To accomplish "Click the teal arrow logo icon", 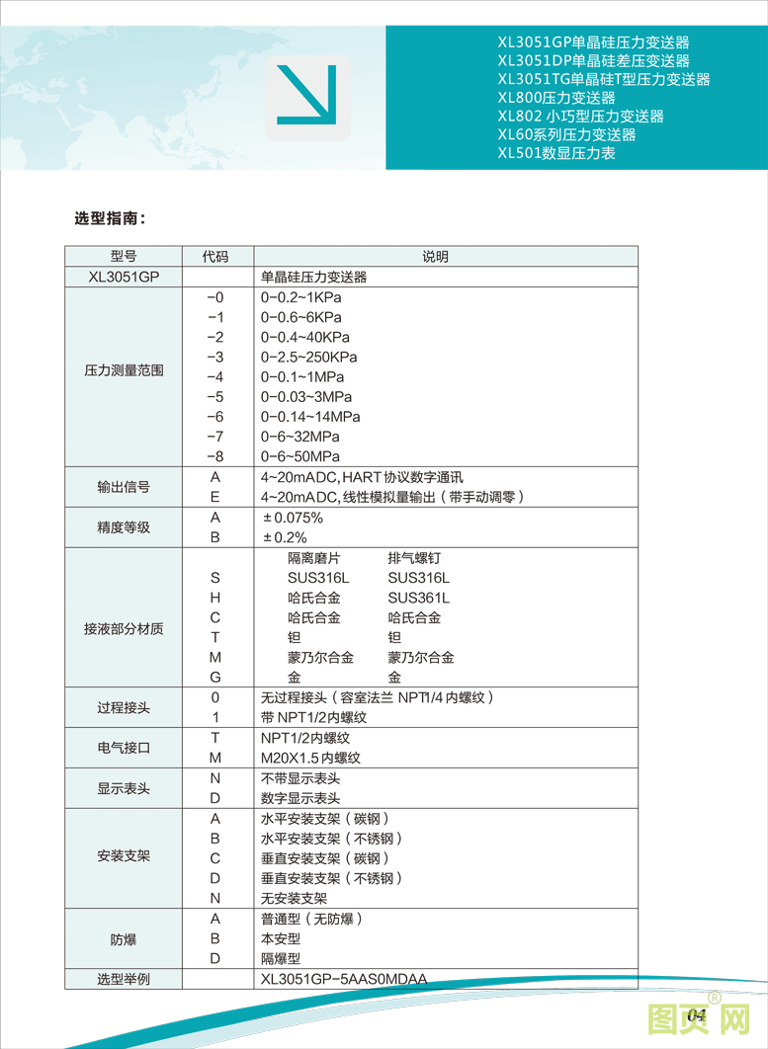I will [x=307, y=96].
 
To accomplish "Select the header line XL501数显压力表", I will [x=556, y=153].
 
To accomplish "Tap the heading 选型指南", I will [x=111, y=218].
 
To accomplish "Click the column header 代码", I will [x=215, y=257].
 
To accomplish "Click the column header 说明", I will [x=435, y=257].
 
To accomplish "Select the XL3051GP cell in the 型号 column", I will [x=124, y=278].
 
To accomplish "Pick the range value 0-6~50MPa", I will [x=299, y=456].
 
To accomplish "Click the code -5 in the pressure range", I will [x=215, y=397].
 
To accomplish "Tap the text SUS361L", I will [x=418, y=598].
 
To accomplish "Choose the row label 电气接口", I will [x=124, y=748].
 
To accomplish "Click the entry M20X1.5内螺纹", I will [x=310, y=758].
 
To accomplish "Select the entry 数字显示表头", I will [x=300, y=798].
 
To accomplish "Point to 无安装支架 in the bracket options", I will [x=294, y=898].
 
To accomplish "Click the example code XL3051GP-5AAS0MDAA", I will [x=344, y=979].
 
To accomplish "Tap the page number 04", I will [x=696, y=1015].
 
